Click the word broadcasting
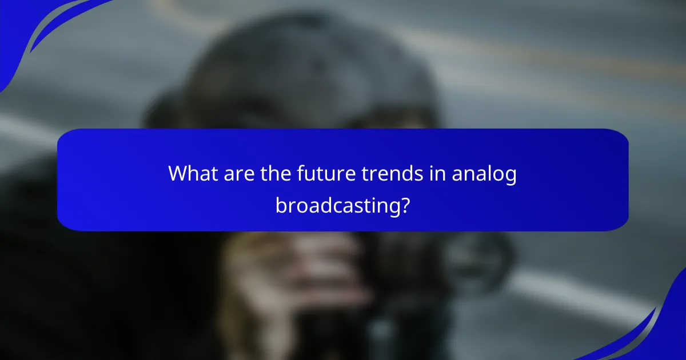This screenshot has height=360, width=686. point(337,205)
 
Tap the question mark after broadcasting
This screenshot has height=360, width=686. point(405,204)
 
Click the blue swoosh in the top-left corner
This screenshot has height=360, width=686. point(34,29)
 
